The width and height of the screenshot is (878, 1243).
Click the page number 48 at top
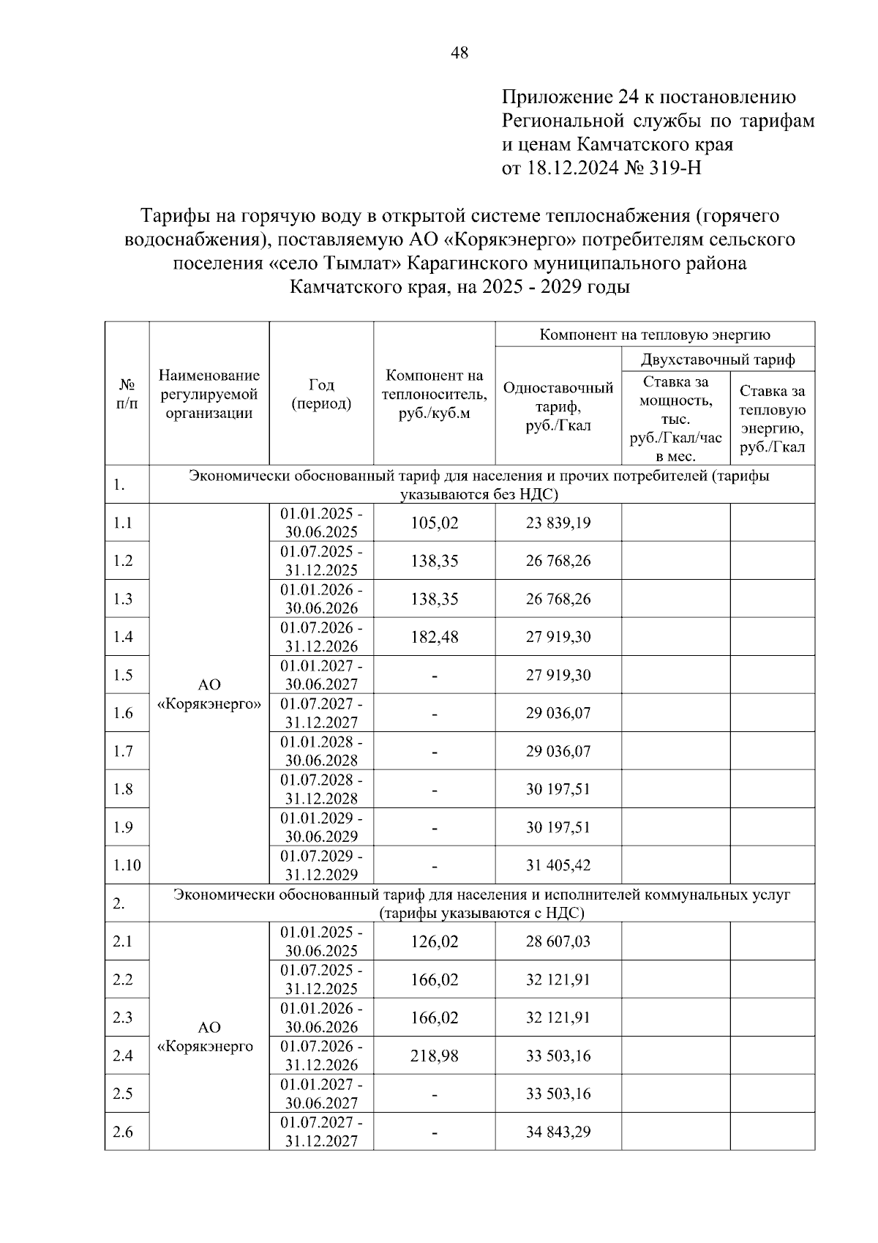point(459,53)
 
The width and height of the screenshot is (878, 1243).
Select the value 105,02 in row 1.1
point(434,523)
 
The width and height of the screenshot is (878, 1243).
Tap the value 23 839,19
point(558,523)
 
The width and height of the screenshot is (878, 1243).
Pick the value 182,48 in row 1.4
point(434,637)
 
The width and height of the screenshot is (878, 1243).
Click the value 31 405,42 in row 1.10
point(558,865)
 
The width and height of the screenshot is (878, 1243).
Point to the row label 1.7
point(123,751)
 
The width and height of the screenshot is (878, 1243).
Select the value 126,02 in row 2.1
point(434,941)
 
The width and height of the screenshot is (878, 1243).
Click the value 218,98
point(434,1056)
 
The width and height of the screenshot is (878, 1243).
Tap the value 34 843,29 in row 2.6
point(558,1132)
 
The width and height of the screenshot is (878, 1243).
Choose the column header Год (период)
point(321,394)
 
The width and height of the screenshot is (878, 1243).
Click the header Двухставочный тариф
point(717,359)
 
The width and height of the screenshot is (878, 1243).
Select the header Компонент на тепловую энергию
point(655,335)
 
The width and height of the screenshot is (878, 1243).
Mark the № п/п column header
point(127,394)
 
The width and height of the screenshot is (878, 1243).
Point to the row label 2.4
point(123,1056)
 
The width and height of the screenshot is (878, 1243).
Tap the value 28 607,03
point(558,941)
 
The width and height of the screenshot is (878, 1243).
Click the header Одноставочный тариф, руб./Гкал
point(558,406)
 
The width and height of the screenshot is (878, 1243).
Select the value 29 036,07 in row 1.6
point(558,713)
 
